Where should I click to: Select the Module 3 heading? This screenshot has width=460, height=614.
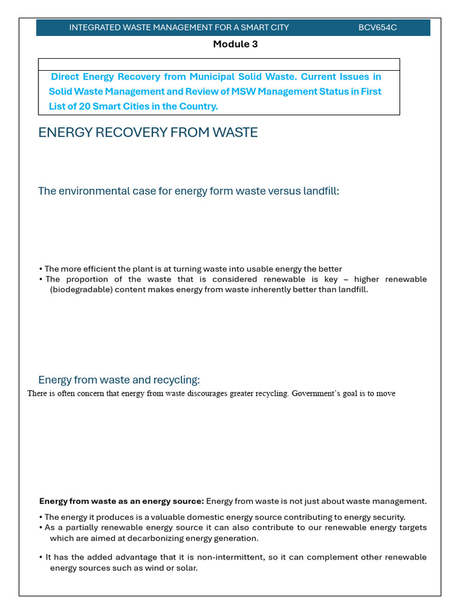(x=235, y=44)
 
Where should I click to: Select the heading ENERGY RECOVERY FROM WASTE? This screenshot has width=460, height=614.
(x=148, y=133)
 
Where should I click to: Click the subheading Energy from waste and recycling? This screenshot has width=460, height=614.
(x=119, y=380)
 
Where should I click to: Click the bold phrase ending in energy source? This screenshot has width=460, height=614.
(x=122, y=501)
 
